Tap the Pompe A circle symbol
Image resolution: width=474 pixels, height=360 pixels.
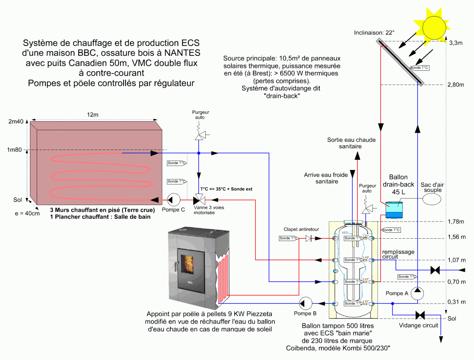pos(418,293)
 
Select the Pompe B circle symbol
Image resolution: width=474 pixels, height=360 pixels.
pos(306,303)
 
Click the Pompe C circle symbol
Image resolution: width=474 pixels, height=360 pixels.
pos(173,199)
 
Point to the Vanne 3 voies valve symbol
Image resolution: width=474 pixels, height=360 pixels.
pos(199,199)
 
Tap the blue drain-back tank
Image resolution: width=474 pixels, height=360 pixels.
pos(395,210)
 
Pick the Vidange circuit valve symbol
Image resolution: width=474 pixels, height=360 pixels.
pos(418,315)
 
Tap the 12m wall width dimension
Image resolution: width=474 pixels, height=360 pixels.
pos(92,114)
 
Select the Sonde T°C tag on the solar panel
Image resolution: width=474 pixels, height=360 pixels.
pos(420,68)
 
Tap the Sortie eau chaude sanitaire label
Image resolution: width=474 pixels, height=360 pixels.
pos(351,143)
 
